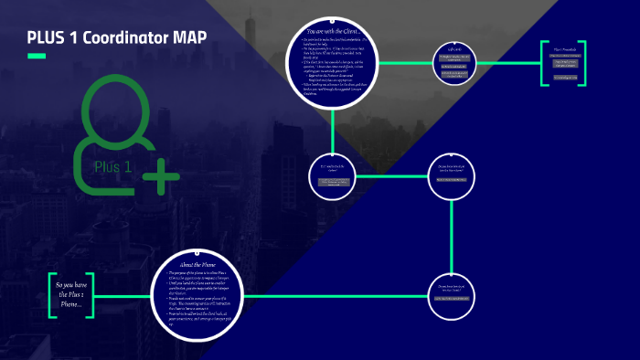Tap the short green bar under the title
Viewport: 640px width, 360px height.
(37, 57)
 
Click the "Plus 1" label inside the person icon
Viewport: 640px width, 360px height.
(113, 166)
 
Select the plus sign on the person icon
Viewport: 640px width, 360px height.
(161, 175)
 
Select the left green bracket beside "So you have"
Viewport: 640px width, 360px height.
(53, 294)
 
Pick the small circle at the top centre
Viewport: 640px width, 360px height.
(456, 63)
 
